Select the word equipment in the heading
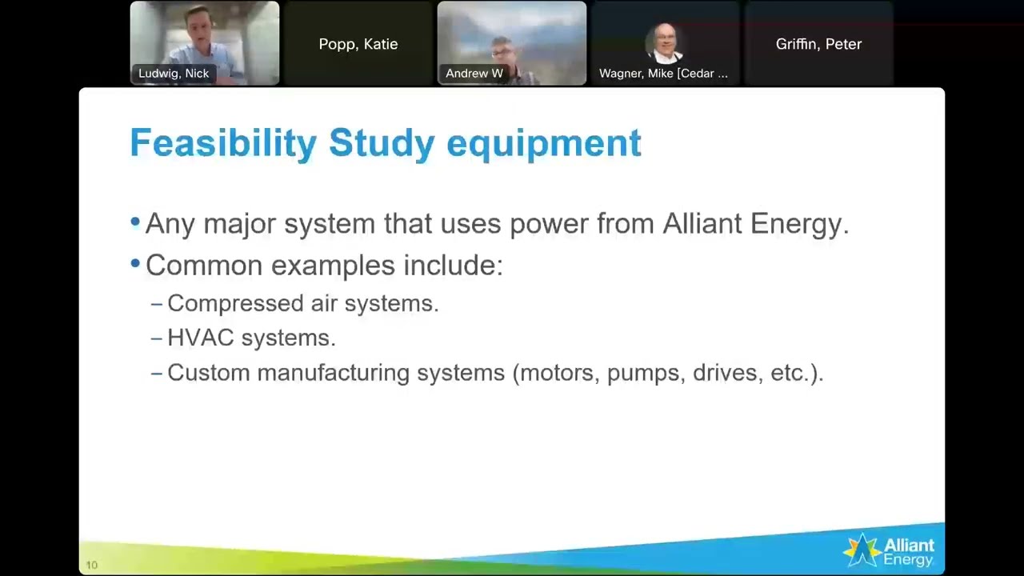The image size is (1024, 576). point(543,144)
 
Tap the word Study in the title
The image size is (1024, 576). point(382,144)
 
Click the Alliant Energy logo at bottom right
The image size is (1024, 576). point(889,550)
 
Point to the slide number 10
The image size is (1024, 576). point(91,565)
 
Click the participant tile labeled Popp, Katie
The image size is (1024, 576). point(358,44)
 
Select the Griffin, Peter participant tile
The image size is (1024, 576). point(818,44)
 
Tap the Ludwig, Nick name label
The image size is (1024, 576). point(174,74)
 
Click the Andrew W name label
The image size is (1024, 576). point(474,74)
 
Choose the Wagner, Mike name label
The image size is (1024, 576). point(663,74)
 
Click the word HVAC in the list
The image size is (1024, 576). point(200,338)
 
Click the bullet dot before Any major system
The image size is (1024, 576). point(134,222)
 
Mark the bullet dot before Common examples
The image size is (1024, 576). point(134,263)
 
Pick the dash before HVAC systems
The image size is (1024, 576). point(156,338)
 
